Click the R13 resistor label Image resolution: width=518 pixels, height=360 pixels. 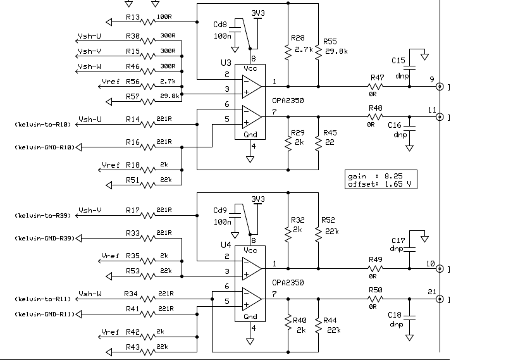coord(133,17)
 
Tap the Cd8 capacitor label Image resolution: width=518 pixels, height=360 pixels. coord(221,25)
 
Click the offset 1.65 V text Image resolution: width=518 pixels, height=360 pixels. coord(382,183)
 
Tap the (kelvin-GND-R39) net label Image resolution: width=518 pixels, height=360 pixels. coord(44,238)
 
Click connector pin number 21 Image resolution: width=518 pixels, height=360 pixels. coord(432,291)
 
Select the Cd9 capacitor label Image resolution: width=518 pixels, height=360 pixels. coord(221,211)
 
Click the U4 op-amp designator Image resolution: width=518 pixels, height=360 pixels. coord(226,244)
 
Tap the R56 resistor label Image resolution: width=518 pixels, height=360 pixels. coord(133,82)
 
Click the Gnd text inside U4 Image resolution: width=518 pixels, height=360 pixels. coord(250,316)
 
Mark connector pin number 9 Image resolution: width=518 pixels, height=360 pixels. coord(432,79)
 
